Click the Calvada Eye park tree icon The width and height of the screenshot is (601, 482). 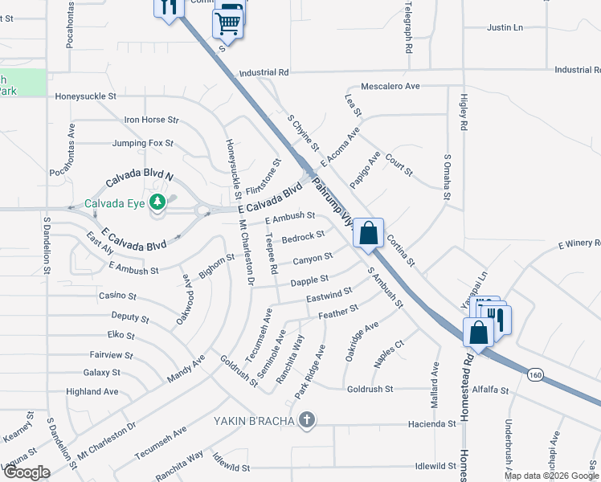coord(159,201)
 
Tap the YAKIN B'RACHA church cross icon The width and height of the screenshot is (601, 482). coord(305,419)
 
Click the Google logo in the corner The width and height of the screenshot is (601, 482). coord(26,472)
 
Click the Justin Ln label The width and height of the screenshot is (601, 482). coord(505,27)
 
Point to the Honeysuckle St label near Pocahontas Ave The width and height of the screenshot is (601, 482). coord(85,96)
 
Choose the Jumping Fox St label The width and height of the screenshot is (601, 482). coord(143,143)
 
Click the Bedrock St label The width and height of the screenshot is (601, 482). coord(302,237)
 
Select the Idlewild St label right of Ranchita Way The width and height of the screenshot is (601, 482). coord(436,466)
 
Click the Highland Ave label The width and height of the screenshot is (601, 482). coord(92,392)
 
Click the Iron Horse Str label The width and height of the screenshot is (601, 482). coord(151,120)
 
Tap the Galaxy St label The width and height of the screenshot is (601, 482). coord(101,373)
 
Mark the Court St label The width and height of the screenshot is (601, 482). coord(399,165)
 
